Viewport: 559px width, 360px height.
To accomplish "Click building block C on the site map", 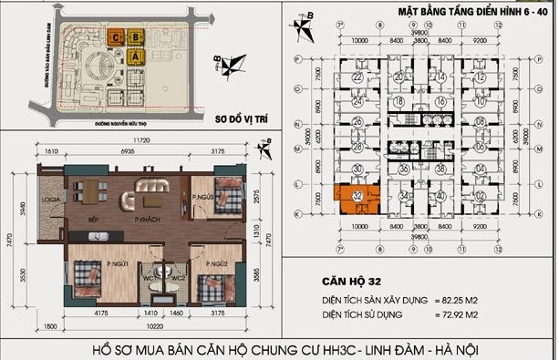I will click(118, 37).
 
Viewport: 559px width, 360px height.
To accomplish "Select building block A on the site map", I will click(138, 57).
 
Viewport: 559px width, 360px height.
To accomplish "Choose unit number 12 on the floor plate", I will click(478, 77).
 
